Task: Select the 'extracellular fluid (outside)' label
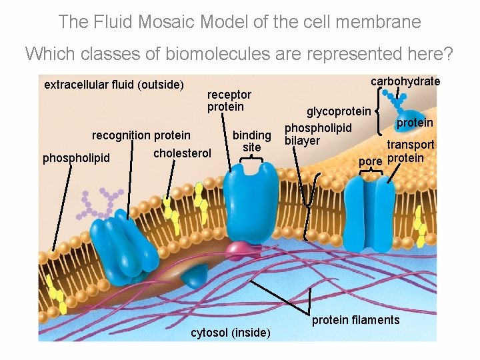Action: [113, 85]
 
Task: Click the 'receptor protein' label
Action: [229, 101]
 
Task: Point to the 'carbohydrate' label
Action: [405, 81]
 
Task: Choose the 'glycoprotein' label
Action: [338, 111]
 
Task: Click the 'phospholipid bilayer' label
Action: [317, 133]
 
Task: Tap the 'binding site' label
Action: [251, 141]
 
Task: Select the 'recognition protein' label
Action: [141, 135]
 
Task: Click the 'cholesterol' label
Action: [182, 153]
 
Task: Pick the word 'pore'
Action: [371, 161]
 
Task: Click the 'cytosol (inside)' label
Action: [231, 333]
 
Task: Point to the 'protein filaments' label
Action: [356, 320]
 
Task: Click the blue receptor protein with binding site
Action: [251, 200]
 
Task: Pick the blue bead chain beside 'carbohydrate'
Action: [399, 100]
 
